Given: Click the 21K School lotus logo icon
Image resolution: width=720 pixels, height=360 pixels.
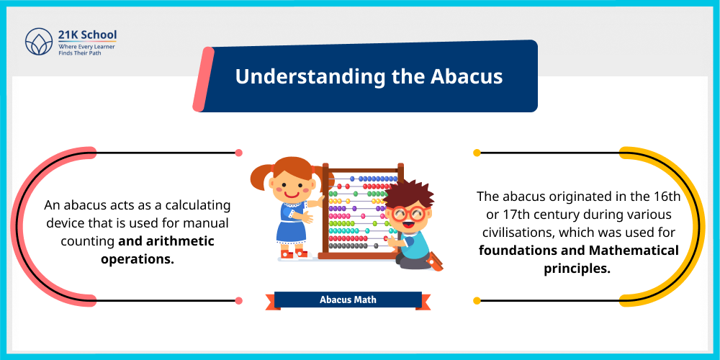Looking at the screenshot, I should click(x=37, y=42).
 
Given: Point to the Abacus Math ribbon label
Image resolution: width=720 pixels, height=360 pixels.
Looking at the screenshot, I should click(x=348, y=300).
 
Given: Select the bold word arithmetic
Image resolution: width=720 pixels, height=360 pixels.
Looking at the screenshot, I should click(x=179, y=240).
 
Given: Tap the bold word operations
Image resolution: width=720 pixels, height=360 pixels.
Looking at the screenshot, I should click(x=138, y=258).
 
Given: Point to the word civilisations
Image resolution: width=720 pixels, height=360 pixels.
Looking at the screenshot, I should click(x=516, y=233).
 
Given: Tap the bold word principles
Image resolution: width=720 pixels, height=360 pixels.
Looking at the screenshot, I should click(x=577, y=269).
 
